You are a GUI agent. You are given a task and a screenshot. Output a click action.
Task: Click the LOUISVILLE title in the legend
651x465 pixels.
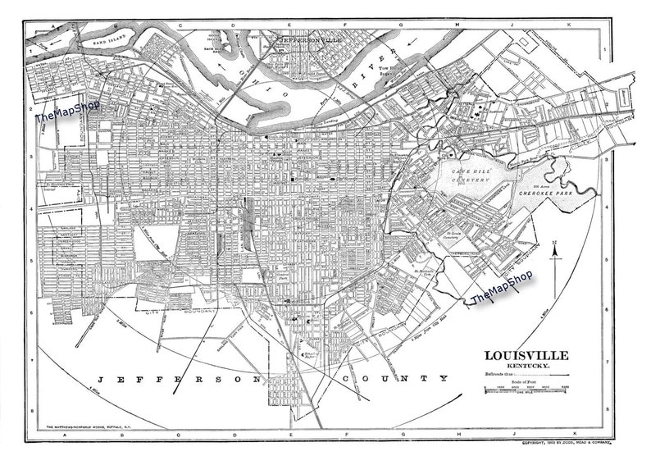(524, 355)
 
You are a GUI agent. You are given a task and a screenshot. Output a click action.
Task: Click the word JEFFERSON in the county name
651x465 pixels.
(175, 379)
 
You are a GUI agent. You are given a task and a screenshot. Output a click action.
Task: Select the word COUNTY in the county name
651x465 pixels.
(405, 379)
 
